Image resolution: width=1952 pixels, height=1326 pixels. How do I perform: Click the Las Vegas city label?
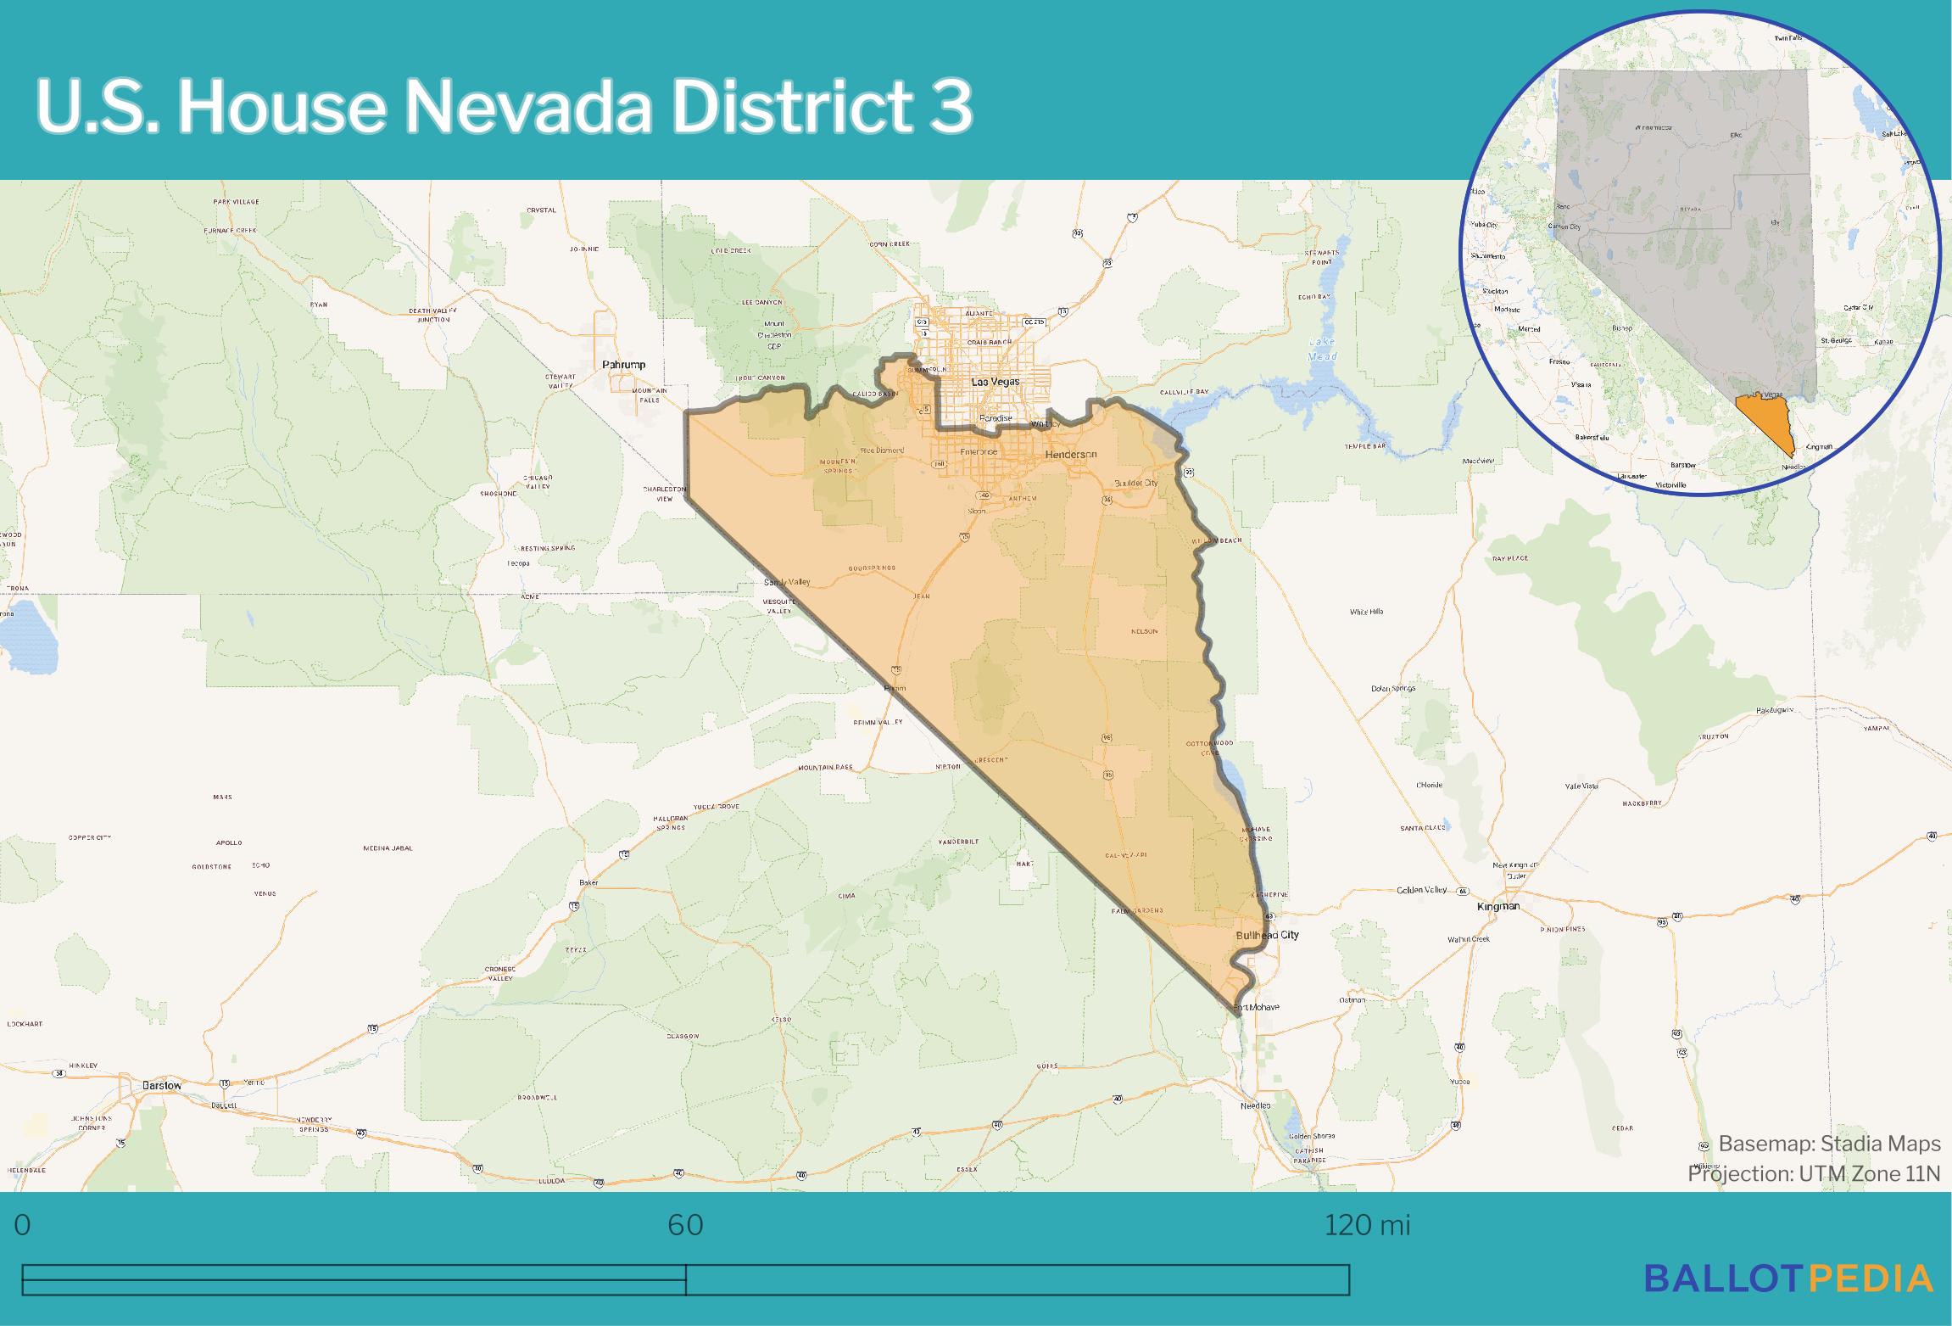pyautogui.click(x=995, y=383)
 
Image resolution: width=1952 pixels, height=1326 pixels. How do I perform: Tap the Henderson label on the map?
pyautogui.click(x=1071, y=455)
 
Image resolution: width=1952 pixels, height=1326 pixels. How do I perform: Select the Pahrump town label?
pyautogui.click(x=623, y=365)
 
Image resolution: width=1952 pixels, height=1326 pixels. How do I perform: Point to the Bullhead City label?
pyautogui.click(x=1267, y=935)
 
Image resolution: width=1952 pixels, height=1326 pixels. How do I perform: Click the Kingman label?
pyautogui.click(x=1498, y=907)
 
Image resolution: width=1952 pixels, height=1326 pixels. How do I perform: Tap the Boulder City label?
pyautogui.click(x=1135, y=483)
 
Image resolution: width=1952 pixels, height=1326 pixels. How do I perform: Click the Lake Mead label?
pyautogui.click(x=1321, y=350)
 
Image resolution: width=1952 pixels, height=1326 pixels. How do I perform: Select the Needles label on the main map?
pyautogui.click(x=1256, y=1106)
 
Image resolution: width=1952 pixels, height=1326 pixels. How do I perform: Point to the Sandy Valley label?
pyautogui.click(x=787, y=582)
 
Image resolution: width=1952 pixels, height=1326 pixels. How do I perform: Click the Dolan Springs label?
pyautogui.click(x=1393, y=688)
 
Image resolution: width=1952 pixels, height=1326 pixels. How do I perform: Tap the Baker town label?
pyautogui.click(x=588, y=883)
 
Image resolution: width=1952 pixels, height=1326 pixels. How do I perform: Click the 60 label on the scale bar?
pyautogui.click(x=685, y=1225)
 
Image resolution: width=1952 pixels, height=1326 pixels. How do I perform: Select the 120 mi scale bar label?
pyautogui.click(x=1367, y=1225)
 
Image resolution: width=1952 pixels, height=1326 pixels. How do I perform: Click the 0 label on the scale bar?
pyautogui.click(x=23, y=1225)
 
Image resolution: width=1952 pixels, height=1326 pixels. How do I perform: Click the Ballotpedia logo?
pyautogui.click(x=1788, y=1301)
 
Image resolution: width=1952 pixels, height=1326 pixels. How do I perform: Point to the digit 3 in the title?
pyautogui.click(x=950, y=107)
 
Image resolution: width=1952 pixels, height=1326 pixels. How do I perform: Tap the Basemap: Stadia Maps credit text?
pyautogui.click(x=1829, y=1144)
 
